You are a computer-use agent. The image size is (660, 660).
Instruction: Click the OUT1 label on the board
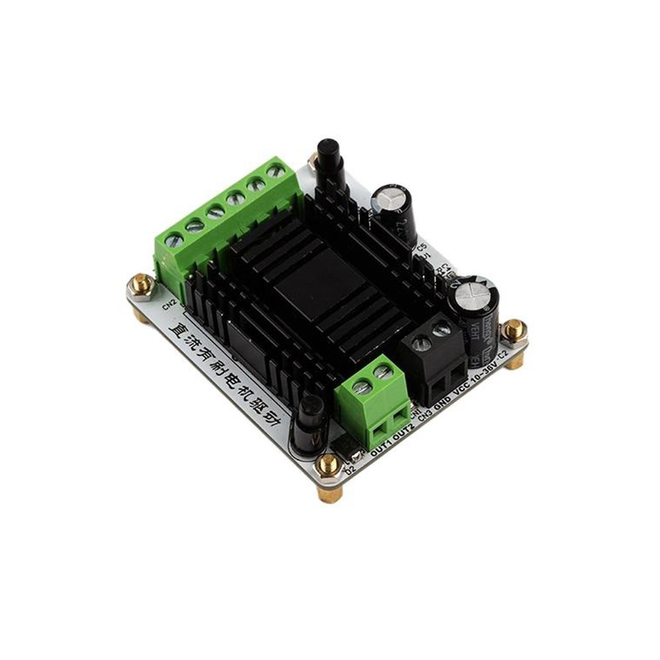click(x=382, y=450)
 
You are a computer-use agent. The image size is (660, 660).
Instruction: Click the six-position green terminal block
click(x=221, y=218)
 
